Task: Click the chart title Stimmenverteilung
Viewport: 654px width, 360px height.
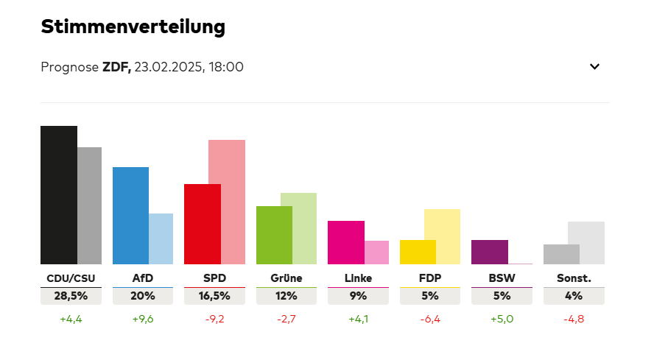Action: (133, 27)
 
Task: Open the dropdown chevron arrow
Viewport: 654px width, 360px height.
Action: (595, 67)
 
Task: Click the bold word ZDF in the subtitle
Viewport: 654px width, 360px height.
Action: (116, 67)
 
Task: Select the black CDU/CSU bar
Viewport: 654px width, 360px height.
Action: (59, 195)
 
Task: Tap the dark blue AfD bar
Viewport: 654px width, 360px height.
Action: (130, 216)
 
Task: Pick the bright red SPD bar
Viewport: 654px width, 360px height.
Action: (203, 224)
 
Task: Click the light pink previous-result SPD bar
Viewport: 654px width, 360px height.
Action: (227, 202)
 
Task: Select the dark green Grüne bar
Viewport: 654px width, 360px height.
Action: (274, 235)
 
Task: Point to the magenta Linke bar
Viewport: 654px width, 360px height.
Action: (346, 242)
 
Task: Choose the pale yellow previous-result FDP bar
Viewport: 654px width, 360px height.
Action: (442, 236)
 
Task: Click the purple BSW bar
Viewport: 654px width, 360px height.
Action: (490, 252)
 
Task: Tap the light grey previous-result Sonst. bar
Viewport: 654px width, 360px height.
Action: (586, 242)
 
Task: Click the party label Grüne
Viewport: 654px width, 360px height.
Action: (286, 278)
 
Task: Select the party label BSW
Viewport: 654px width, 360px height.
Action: (502, 278)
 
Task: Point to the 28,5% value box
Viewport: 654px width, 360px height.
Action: (71, 296)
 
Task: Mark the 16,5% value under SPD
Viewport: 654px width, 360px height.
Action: (214, 296)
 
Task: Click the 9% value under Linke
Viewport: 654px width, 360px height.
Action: (358, 296)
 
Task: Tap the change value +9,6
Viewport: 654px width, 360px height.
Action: (142, 320)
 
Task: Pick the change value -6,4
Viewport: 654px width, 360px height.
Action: (429, 320)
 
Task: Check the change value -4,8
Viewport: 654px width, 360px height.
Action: (574, 320)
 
